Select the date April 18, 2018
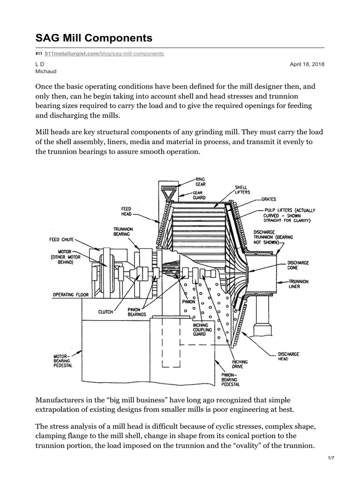[307, 64]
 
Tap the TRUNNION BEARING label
[123, 231]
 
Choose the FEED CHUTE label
[61, 240]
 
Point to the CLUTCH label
[105, 311]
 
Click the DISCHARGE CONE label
[298, 266]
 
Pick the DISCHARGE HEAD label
[288, 357]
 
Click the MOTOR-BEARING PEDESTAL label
[62, 361]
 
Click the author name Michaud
[45, 71]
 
